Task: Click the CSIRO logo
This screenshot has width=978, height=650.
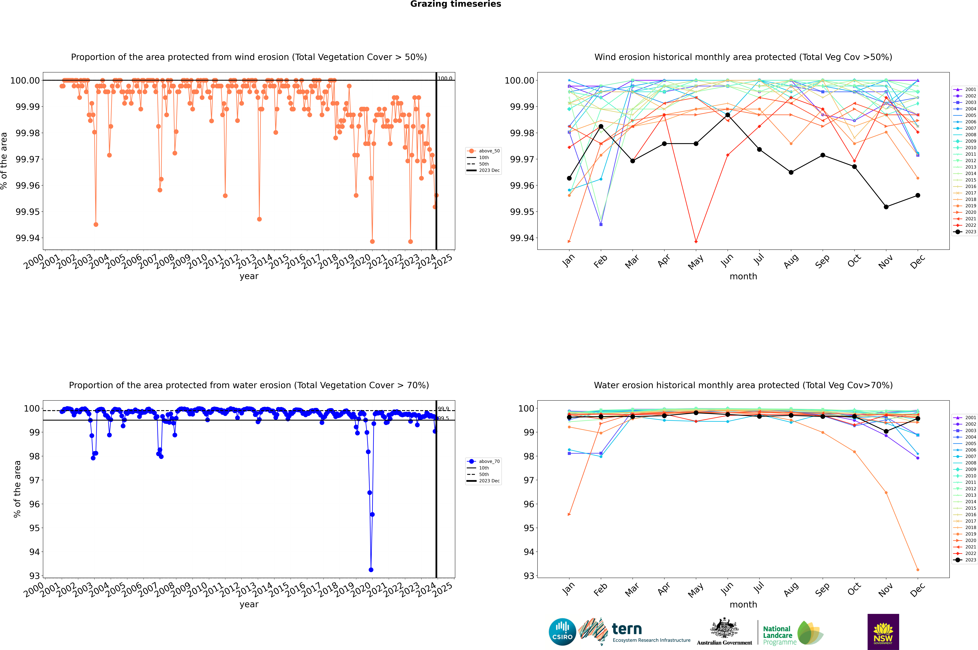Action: (562, 632)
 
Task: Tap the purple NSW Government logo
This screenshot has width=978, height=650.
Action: (883, 632)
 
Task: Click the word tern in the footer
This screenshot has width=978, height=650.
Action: (627, 629)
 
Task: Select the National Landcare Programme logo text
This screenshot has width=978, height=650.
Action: (778, 635)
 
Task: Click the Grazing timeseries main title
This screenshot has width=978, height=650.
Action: (456, 4)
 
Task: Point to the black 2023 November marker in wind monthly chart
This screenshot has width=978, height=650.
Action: (886, 207)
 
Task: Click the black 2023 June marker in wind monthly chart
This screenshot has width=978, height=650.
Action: (728, 115)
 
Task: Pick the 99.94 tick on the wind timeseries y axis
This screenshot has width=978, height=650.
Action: (28, 238)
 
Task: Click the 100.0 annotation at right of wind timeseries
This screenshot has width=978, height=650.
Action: (445, 78)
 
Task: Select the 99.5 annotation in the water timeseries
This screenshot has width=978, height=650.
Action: (443, 418)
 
